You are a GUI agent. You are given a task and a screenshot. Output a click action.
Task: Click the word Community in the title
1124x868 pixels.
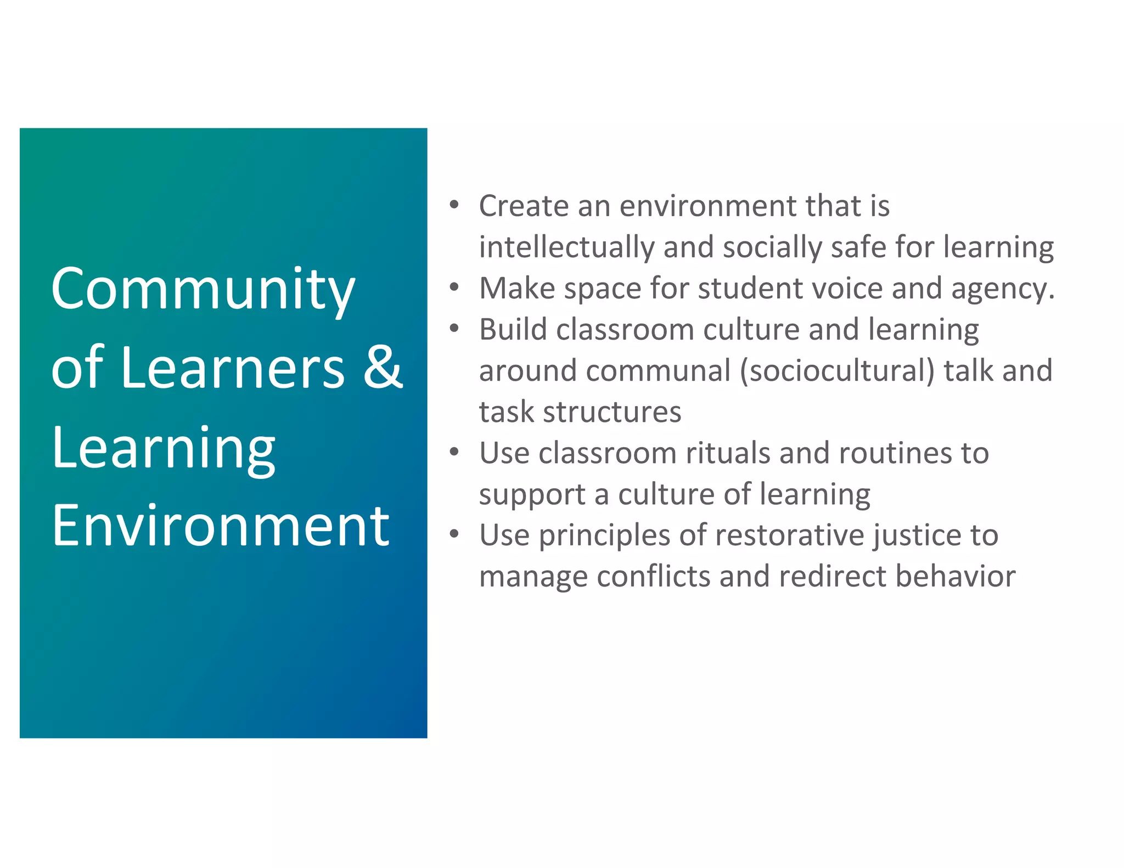coord(203,290)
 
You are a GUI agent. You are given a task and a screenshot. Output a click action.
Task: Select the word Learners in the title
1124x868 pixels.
coord(233,369)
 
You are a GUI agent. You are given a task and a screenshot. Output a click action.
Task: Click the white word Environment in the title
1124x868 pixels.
coord(221,527)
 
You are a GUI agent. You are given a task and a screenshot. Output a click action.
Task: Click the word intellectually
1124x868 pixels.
coord(566,247)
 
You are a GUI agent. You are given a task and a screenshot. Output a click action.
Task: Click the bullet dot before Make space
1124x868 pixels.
coord(454,287)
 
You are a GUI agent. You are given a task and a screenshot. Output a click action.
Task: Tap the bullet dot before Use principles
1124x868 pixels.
coord(454,534)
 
